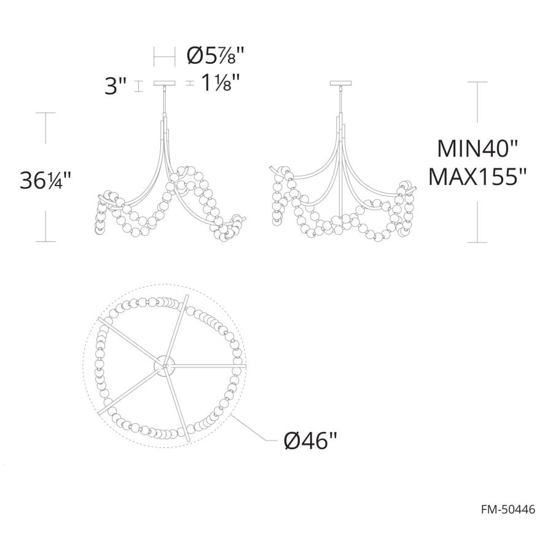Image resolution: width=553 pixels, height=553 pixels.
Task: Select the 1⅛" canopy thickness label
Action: (220, 83)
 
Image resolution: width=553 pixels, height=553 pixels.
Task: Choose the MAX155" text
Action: (477, 177)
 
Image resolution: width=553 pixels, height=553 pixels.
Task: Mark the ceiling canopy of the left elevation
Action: (164, 83)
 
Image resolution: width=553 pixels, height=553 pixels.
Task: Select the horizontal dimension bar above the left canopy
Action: (164, 57)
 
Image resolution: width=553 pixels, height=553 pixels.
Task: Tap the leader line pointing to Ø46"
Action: (252, 427)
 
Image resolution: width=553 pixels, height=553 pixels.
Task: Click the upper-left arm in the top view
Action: (132, 345)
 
